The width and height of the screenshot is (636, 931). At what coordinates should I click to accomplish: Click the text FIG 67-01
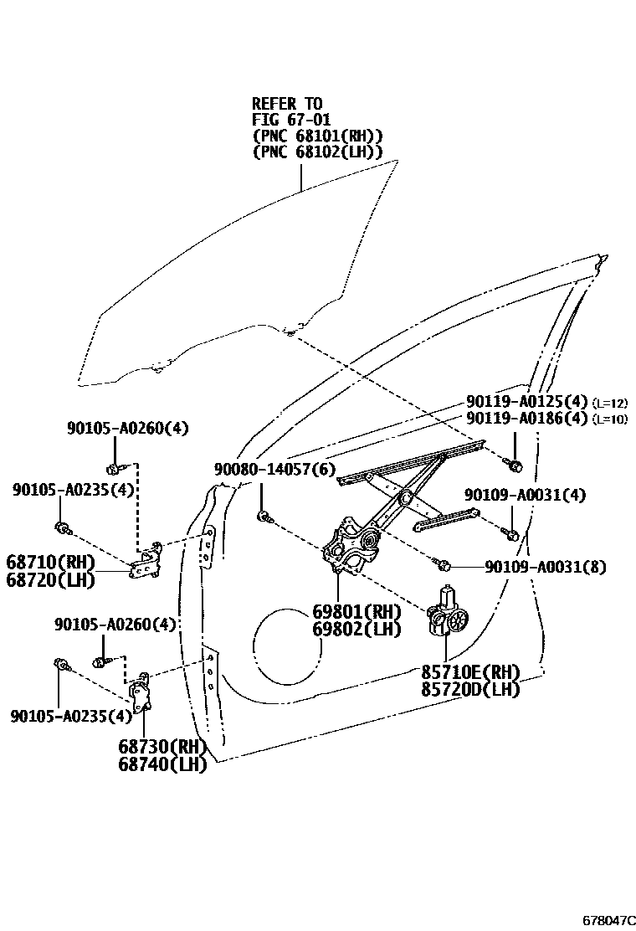coord(291,120)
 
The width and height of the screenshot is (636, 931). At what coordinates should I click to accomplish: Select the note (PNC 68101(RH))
coord(317,136)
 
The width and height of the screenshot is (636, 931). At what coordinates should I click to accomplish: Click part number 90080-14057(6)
coord(274,471)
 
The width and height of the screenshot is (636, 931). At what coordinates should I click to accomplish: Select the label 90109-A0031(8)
coord(545,567)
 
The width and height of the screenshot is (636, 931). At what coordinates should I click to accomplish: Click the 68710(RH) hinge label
coord(50,561)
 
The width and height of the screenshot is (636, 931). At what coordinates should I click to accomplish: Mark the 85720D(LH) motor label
coord(470,689)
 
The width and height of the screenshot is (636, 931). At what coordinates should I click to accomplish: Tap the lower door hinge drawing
coord(141,690)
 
